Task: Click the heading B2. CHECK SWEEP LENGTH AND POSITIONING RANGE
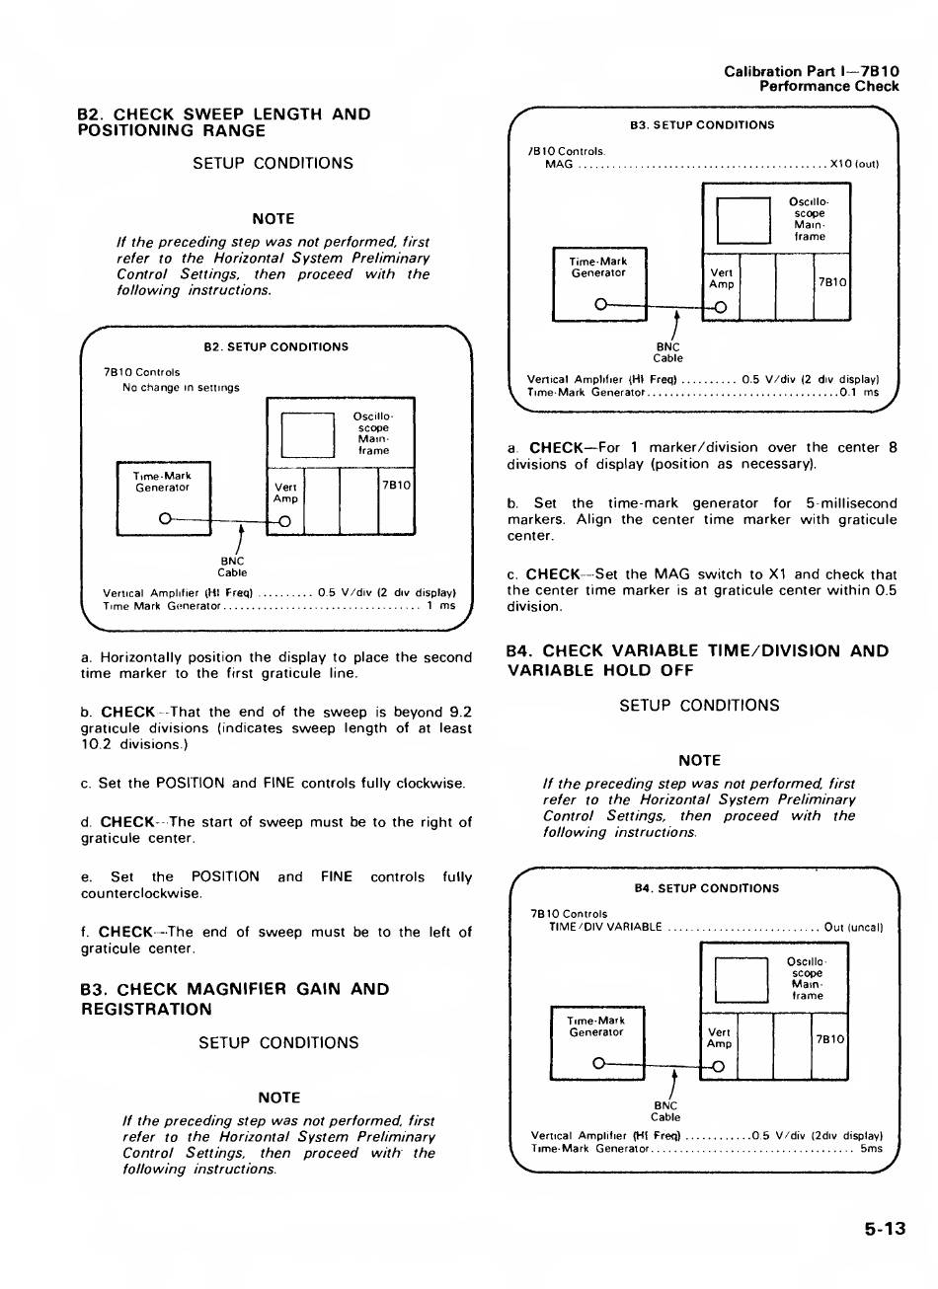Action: click(224, 122)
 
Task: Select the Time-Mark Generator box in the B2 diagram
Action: click(163, 498)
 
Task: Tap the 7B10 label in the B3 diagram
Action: click(832, 281)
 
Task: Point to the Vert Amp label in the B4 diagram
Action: click(720, 1038)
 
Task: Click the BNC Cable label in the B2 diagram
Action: click(232, 566)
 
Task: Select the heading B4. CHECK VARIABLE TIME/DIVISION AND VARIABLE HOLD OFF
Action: click(698, 660)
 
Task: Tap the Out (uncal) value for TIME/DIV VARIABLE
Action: click(852, 927)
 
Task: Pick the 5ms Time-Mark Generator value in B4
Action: click(871, 1148)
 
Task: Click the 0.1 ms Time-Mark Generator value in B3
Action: click(858, 392)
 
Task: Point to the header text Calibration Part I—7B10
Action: click(811, 71)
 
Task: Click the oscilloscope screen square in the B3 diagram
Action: click(743, 219)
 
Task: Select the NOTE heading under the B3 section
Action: click(278, 1098)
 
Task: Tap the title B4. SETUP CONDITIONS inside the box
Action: click(707, 888)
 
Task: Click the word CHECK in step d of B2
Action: click(127, 821)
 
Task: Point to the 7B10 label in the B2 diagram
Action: click(396, 485)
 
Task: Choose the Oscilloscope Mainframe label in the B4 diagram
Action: click(807, 978)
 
